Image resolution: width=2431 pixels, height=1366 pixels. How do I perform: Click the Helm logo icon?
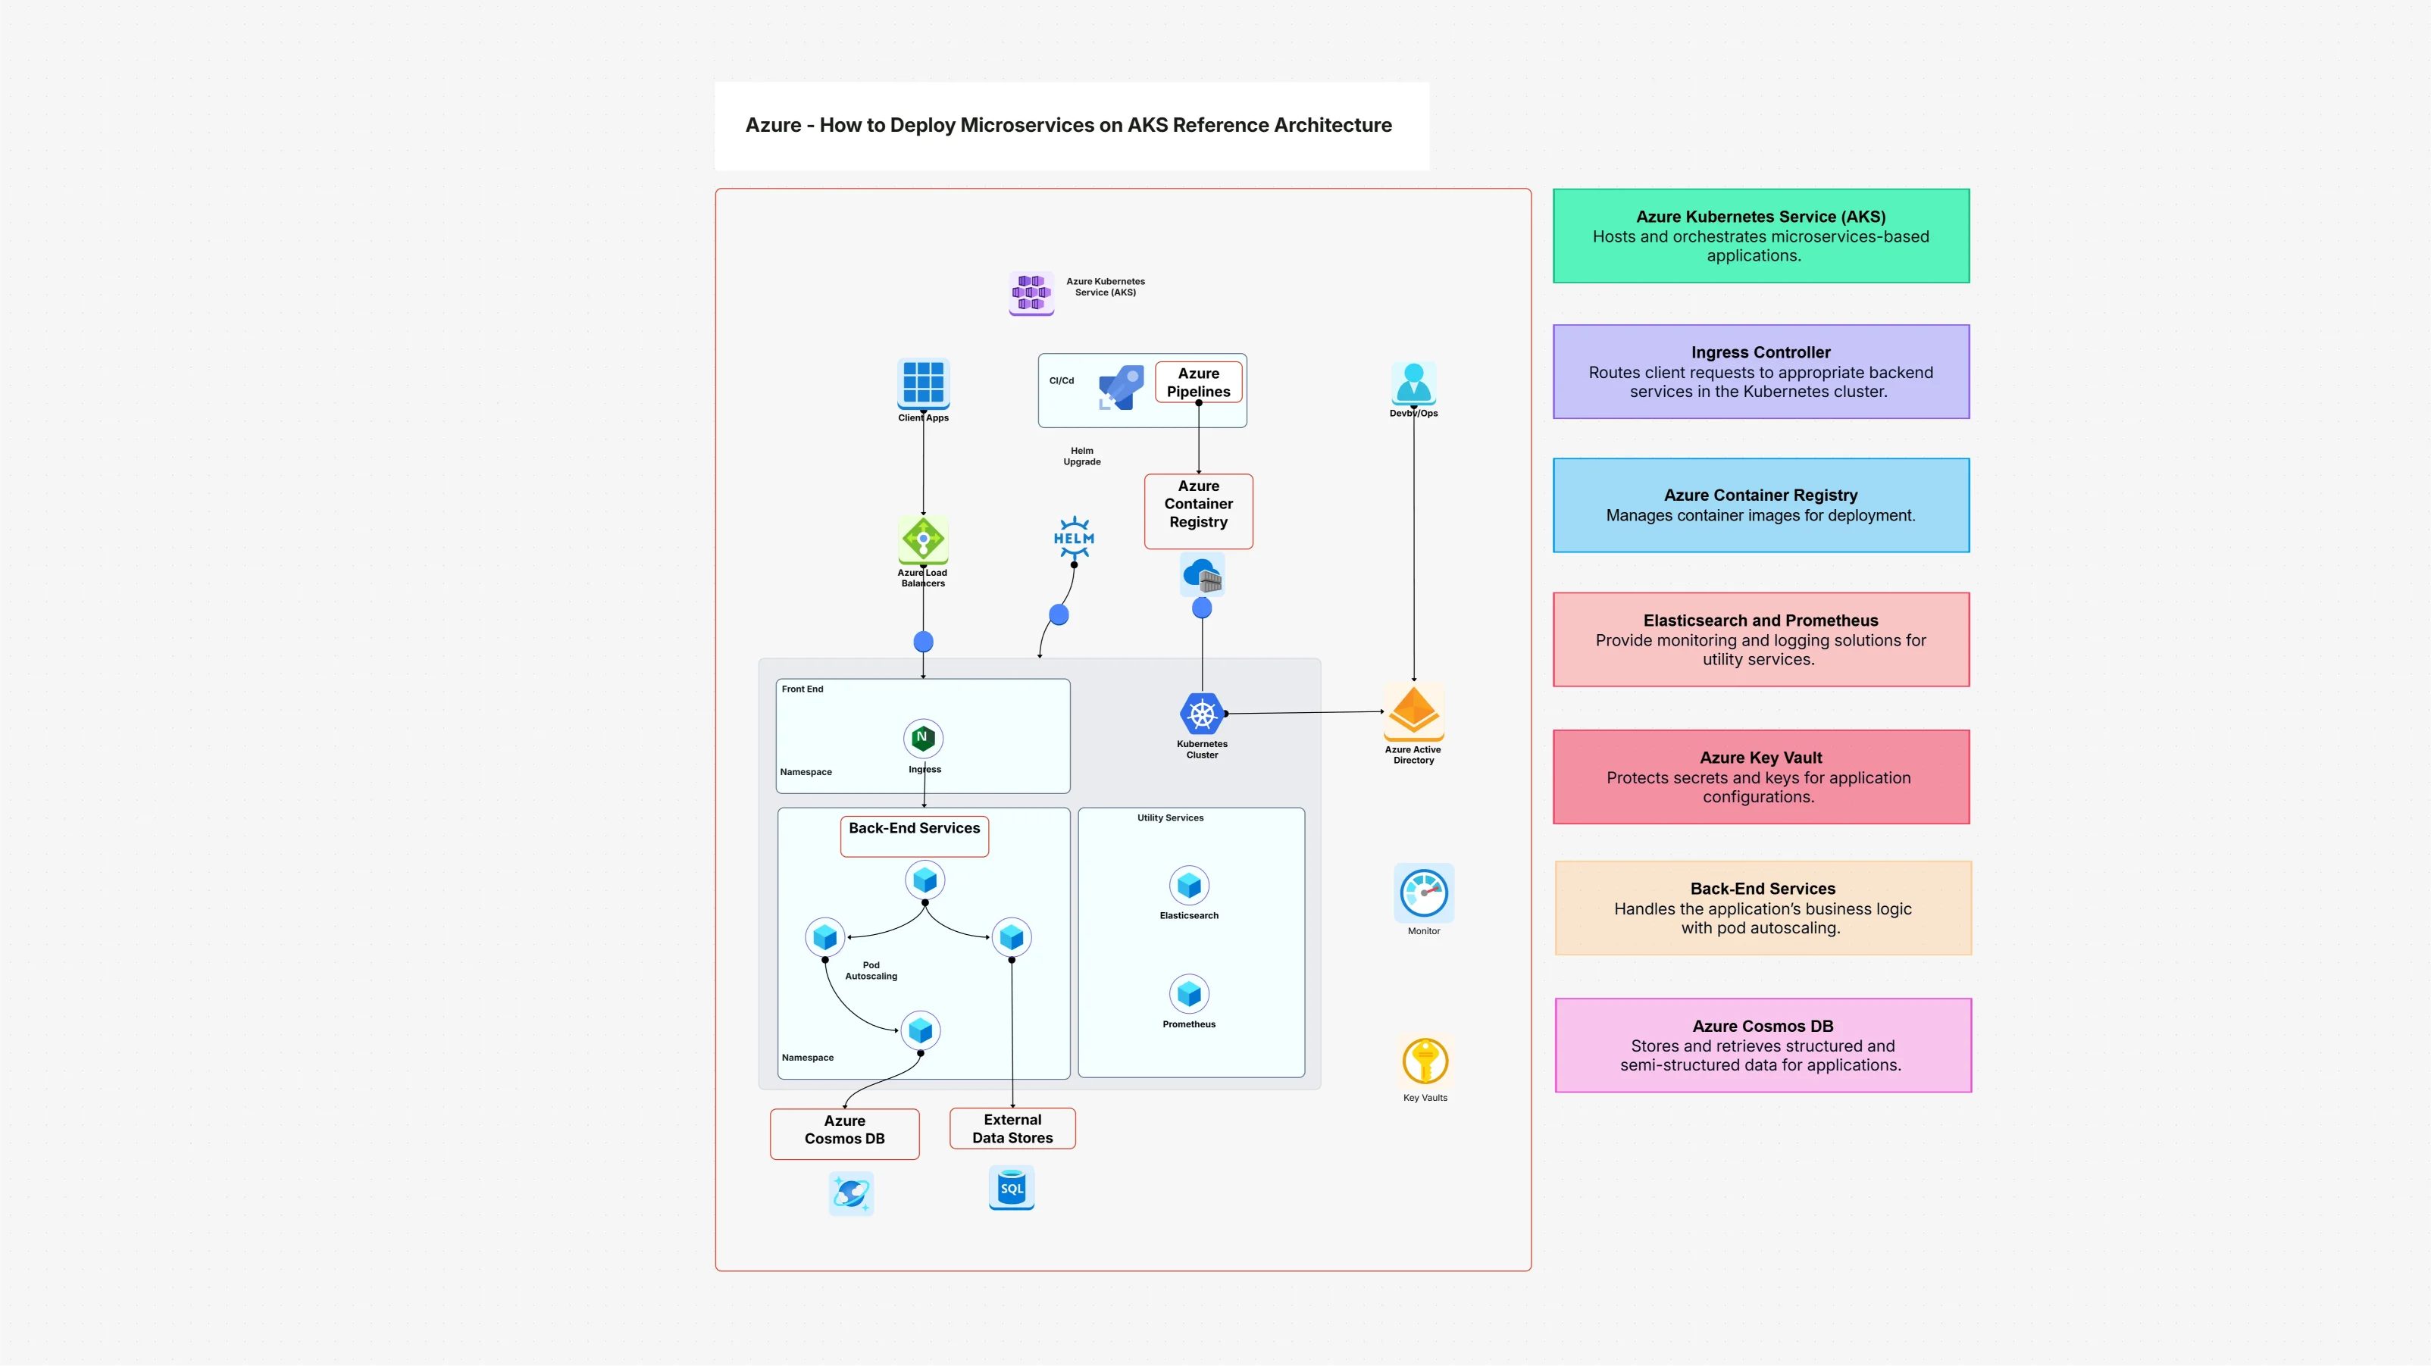(1074, 538)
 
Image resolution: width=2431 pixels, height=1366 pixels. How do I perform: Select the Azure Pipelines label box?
(1199, 382)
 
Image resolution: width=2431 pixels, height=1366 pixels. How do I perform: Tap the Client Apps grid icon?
(923, 383)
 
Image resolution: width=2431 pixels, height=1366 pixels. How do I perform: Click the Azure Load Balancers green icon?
(923, 539)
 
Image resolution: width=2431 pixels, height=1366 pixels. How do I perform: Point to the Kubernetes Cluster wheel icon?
(1201, 714)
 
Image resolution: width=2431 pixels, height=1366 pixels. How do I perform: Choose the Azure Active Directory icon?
(1413, 712)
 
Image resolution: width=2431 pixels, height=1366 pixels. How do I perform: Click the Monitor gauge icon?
(1423, 892)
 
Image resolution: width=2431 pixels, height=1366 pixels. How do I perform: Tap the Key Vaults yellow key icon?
(1424, 1061)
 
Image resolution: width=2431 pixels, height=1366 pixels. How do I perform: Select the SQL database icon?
(1012, 1188)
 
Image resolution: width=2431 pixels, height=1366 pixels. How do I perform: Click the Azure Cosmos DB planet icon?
(851, 1193)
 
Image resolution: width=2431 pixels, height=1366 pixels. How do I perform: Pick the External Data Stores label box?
(1012, 1128)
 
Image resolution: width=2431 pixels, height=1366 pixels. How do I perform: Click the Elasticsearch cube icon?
(1189, 885)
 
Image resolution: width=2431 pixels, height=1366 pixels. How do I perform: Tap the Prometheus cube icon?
(1189, 993)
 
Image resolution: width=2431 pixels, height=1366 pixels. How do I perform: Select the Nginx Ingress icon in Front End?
(923, 738)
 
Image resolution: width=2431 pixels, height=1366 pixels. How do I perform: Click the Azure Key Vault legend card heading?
(1760, 758)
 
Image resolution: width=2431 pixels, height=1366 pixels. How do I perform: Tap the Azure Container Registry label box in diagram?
(1199, 511)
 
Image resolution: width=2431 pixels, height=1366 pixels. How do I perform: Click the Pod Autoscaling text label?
(871, 971)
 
